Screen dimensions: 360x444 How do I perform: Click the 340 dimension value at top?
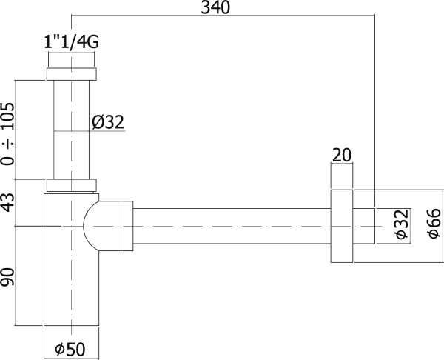point(215,8)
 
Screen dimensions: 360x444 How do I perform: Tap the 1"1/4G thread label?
point(71,42)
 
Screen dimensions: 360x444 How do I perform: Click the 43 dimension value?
point(8,202)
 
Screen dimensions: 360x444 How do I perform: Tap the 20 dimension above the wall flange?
point(341,155)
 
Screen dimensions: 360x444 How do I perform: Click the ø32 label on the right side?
point(400,224)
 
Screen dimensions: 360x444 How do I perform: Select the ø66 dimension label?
point(434,224)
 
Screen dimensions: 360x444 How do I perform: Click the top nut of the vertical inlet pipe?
point(71,74)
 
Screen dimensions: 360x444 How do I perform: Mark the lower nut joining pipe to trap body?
point(71,186)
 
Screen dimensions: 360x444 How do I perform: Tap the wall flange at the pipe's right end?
point(340,225)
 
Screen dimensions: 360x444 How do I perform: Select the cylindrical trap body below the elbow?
point(71,289)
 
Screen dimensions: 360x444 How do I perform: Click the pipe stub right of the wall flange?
point(364,225)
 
